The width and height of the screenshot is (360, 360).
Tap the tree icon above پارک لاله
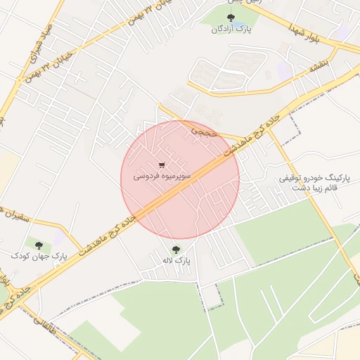176,250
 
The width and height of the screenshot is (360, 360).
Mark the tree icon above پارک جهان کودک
39,245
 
